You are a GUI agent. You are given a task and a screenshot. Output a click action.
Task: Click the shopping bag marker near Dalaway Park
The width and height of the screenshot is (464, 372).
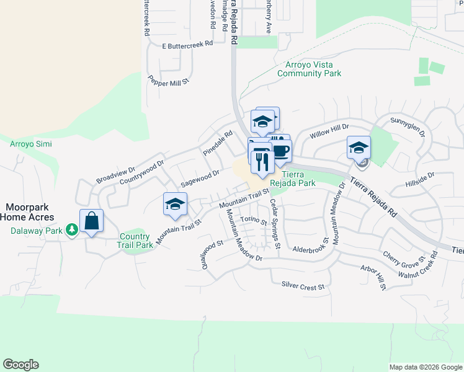click(x=91, y=221)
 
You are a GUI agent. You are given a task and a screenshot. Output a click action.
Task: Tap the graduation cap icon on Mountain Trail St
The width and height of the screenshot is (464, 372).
click(x=176, y=204)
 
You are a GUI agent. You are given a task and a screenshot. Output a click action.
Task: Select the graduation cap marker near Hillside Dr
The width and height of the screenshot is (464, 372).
click(x=359, y=148)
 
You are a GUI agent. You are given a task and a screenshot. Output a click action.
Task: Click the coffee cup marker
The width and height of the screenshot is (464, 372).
click(x=281, y=151)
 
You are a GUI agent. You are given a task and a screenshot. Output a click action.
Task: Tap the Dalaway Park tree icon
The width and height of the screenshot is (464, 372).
click(x=73, y=230)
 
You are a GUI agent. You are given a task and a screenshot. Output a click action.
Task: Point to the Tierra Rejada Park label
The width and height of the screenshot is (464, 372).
click(x=301, y=179)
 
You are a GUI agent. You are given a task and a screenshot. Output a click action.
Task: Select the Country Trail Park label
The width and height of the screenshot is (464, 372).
click(x=136, y=241)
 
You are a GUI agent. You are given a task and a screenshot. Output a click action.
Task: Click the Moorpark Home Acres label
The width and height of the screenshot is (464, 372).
click(x=27, y=212)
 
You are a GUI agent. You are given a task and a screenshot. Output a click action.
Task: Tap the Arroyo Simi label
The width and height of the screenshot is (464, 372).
click(x=31, y=144)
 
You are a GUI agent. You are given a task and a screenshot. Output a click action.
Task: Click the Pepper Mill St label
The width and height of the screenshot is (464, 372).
click(x=167, y=81)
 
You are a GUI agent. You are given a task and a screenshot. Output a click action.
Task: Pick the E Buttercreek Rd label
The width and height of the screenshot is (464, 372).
click(x=187, y=45)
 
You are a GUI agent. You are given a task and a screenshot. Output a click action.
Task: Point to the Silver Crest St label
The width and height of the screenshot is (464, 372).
click(x=303, y=287)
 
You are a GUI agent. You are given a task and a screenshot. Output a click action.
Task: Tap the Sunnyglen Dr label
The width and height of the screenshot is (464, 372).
click(x=408, y=125)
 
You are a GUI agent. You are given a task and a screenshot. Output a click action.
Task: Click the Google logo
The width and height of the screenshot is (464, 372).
click(x=20, y=365)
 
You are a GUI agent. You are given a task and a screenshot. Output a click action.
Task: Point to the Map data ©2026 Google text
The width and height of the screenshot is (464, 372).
click(x=425, y=367)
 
